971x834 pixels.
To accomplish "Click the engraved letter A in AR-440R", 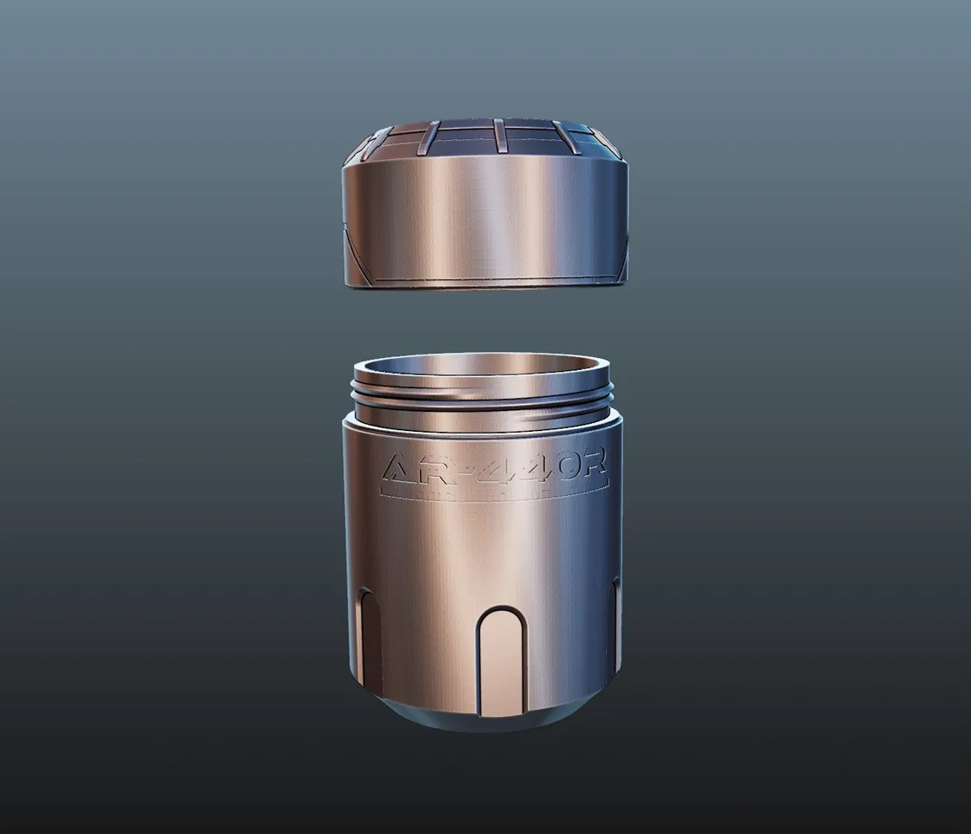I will [401, 470].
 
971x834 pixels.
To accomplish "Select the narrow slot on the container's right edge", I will [616, 625].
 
